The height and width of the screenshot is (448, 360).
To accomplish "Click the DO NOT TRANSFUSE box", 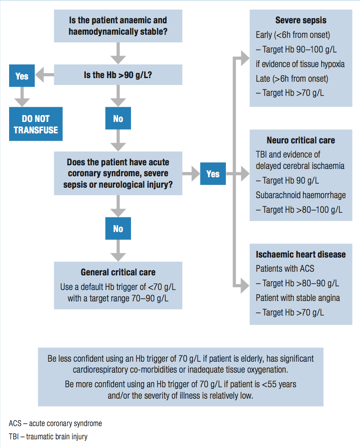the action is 36,124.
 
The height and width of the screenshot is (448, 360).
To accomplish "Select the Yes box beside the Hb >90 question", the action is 22,76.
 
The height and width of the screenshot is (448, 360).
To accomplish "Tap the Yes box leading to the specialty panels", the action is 213,174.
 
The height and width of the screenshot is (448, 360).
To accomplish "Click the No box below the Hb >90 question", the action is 118,118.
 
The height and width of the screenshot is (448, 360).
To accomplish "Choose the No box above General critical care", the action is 118,229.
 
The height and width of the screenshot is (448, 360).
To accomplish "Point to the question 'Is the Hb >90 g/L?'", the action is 118,75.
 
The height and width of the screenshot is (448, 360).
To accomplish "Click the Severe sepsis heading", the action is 301,20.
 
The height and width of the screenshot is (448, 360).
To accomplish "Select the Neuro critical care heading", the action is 301,140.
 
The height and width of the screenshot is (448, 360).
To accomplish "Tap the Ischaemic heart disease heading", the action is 301,254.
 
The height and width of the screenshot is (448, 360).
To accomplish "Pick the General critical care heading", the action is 118,272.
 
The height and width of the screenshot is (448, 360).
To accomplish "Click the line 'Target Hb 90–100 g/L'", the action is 296,49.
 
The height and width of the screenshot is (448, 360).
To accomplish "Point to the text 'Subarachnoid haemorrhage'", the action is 301,195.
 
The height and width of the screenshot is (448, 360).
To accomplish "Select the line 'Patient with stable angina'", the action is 298,298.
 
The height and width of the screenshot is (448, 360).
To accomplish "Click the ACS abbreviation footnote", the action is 55,423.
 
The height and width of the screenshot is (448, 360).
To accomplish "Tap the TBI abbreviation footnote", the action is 48,437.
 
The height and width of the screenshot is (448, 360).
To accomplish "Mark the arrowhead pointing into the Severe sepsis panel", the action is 245,58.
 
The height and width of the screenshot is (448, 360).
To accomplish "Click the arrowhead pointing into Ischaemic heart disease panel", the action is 245,285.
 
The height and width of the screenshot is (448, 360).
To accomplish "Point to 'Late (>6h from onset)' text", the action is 292,79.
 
